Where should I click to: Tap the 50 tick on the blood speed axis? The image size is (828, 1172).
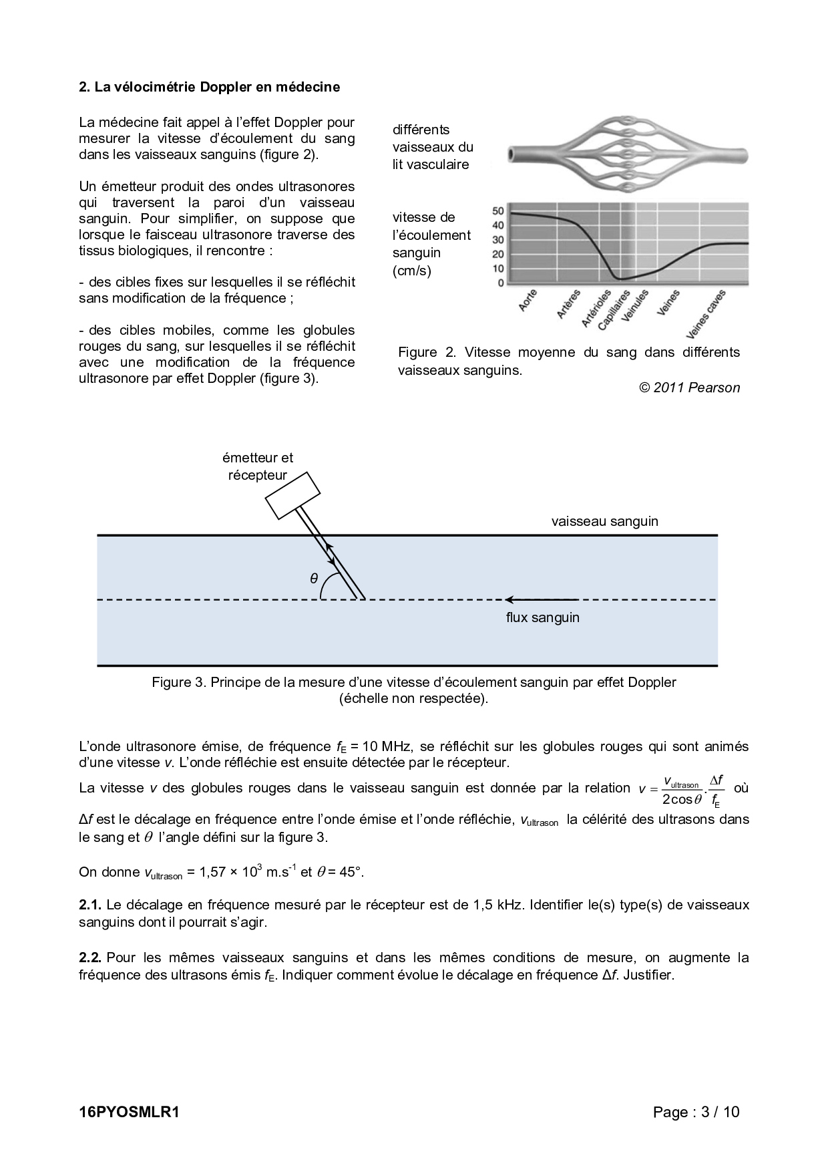498,211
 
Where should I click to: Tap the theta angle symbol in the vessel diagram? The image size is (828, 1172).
314,579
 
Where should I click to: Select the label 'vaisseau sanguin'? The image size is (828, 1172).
604,521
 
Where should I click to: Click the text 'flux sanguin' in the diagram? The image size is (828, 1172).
542,617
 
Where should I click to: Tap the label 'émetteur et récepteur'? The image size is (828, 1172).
258,466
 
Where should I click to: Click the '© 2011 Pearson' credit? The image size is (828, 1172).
689,388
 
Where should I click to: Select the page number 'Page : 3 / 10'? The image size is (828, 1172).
696,1112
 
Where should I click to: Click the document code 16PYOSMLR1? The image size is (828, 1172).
130,1112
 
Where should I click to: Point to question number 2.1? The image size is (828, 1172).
89,905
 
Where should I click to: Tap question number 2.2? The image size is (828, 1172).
89,958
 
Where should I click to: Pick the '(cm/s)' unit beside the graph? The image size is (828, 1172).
412,271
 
